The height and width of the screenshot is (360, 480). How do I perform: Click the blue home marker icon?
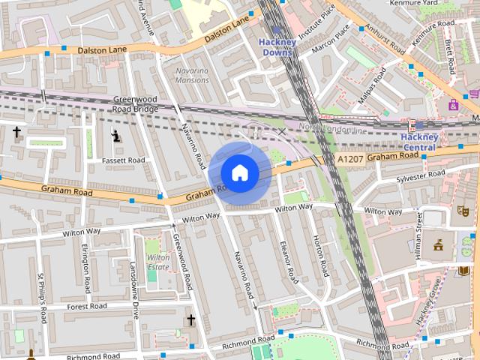pos(239,172)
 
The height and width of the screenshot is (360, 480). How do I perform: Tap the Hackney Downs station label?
pos(277,47)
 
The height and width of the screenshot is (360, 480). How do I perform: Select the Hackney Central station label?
pos(418,142)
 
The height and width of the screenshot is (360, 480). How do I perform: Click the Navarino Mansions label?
pos(192,75)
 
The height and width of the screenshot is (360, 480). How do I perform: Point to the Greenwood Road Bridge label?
pos(136,103)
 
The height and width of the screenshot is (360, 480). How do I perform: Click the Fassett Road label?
pos(124,160)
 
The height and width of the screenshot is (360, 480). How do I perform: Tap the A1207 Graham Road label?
pos(376,157)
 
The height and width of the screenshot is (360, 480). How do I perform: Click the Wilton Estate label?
pos(158,262)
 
